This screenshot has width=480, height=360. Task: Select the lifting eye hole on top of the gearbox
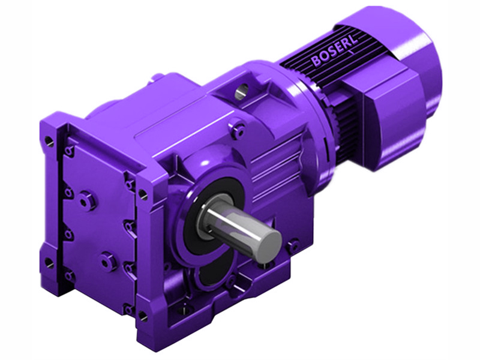241,91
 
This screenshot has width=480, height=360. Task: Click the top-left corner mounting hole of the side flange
49,140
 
